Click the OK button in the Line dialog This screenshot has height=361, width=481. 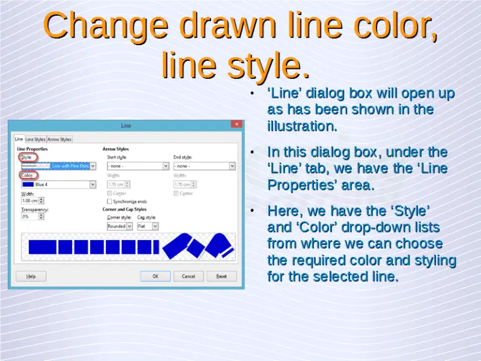coord(155,276)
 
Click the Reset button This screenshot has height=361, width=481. coord(222,276)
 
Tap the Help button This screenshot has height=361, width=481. coord(31,276)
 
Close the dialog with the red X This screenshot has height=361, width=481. coord(235,125)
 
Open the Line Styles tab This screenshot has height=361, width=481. coord(35,139)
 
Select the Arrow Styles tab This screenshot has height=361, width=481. coord(60,139)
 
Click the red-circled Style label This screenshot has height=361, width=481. coord(27,157)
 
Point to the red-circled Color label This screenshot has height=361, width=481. coord(28,175)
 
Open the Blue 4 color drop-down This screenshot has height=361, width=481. coord(93,184)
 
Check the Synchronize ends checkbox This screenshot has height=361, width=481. coord(110,202)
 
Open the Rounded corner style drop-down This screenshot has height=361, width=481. coord(129,226)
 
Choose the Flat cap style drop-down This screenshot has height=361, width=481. coord(155,226)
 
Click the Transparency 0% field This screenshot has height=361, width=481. coord(31,216)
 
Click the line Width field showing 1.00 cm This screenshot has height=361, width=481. coord(31,201)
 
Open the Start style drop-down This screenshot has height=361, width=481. coord(166,166)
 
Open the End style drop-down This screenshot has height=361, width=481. coord(232,166)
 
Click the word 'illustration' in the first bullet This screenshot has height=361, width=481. coord(302,126)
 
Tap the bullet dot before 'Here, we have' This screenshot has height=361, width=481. coord(251,211)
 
